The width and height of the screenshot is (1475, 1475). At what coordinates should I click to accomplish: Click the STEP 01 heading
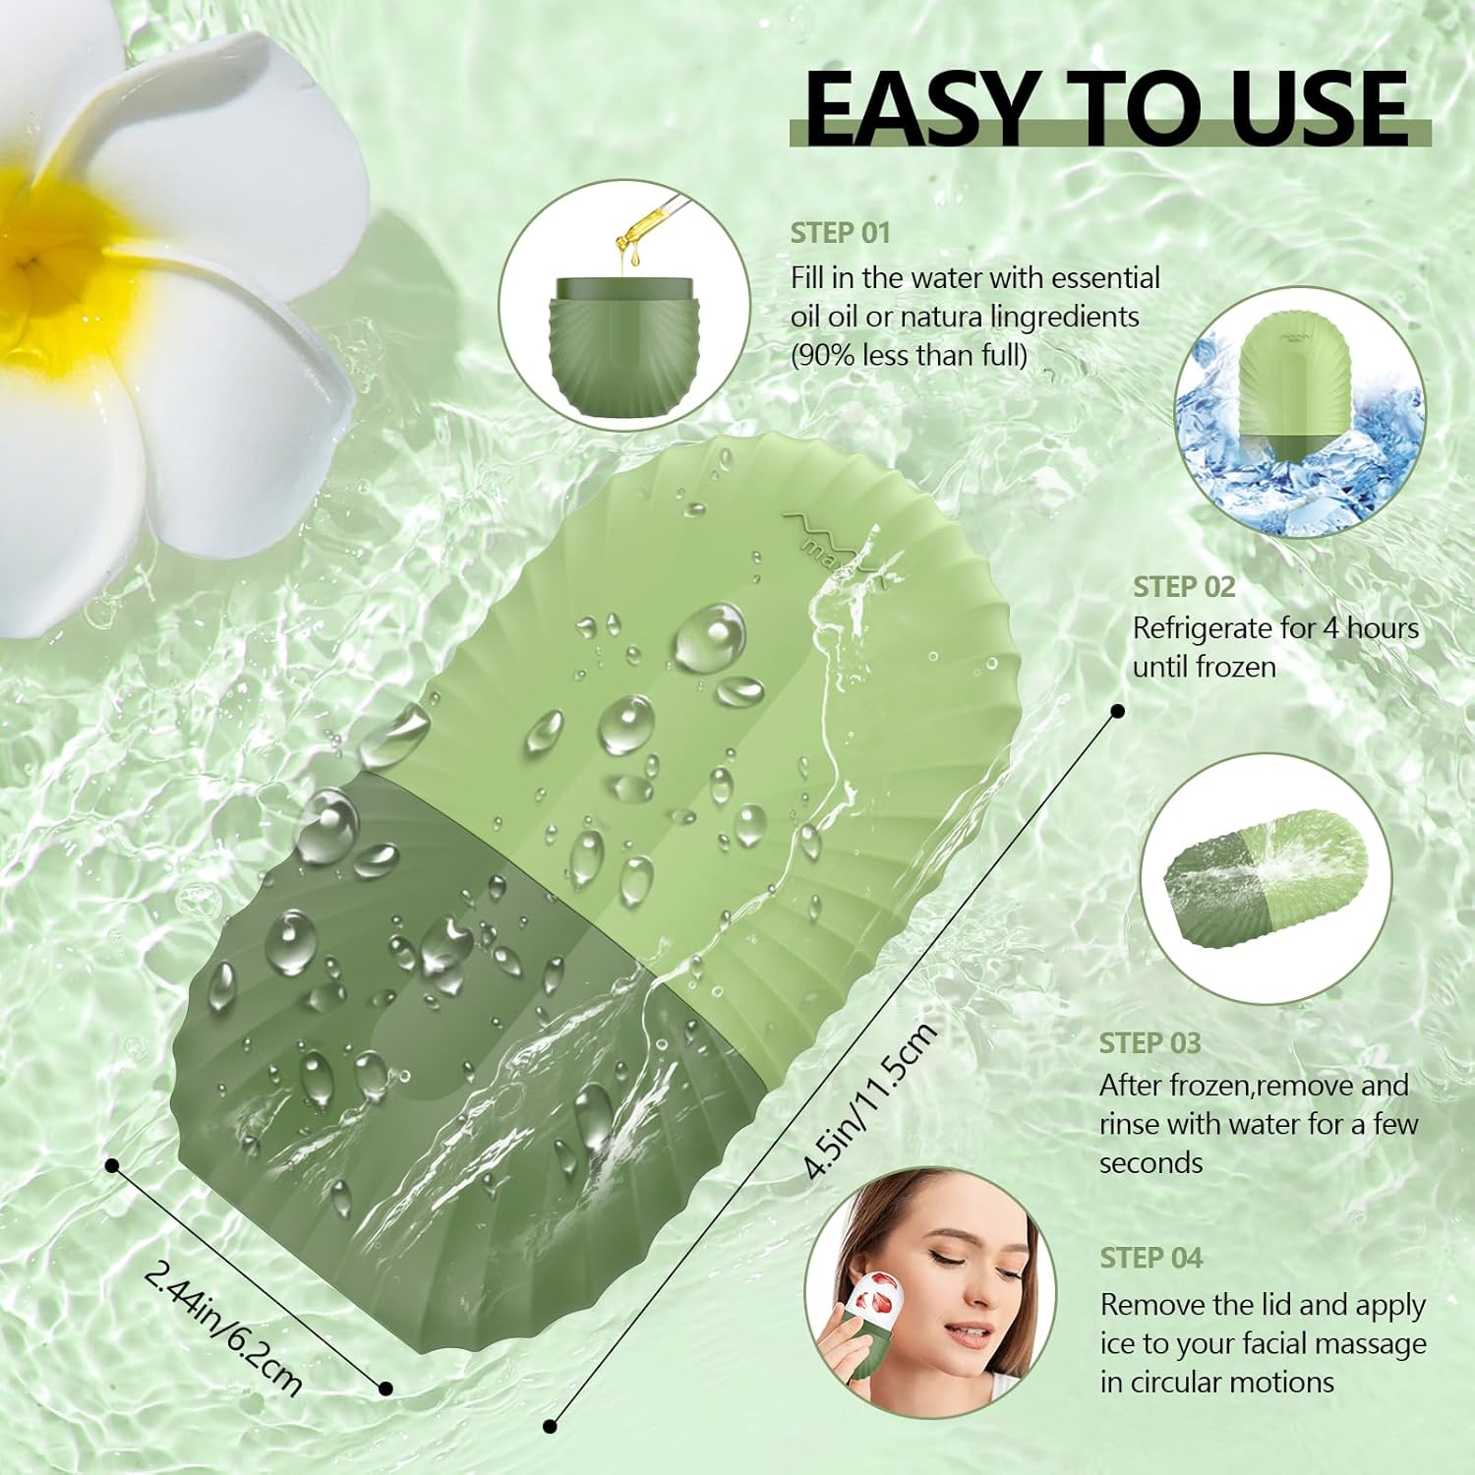coord(840,233)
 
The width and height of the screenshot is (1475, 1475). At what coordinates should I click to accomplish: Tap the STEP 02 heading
coord(1183,587)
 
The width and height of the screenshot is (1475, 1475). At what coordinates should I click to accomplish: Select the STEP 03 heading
coord(1150,1043)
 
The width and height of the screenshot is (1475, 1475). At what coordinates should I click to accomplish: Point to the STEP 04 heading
coord(1150,1258)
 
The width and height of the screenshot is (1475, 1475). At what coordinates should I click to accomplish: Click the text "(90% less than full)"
coord(909,355)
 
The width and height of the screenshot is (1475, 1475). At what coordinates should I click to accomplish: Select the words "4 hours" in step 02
coord(1371,627)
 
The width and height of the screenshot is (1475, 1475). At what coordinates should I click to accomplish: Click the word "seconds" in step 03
coord(1150,1162)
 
